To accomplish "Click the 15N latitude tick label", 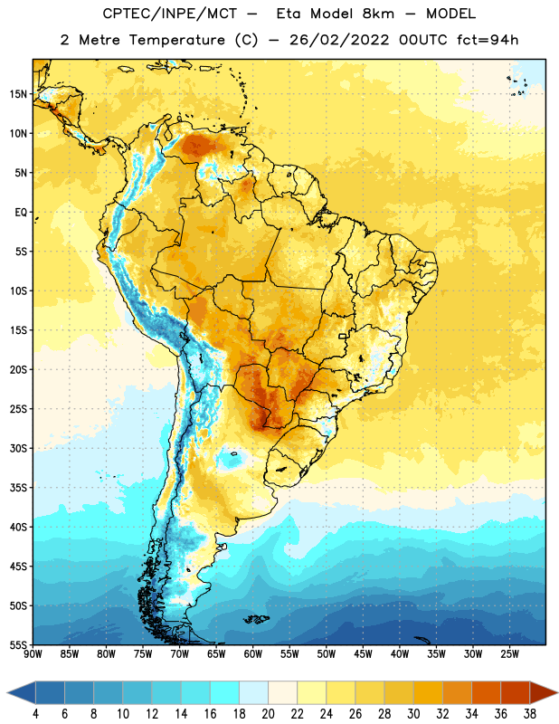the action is pos(18,94).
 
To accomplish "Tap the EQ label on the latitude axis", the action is pos(21,213).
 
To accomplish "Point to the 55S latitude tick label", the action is pos(18,644).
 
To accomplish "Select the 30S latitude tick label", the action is pos(18,448).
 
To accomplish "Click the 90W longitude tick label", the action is pos(33,654).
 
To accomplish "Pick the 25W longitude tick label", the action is pos(509,654).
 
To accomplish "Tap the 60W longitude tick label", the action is pos(253,654).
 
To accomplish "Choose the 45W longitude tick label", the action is pos(363,654).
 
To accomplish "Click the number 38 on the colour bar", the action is pos(529,714).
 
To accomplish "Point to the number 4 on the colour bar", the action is pos(35,714).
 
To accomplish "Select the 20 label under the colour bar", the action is pos(268,714).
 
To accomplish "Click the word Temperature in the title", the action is pos(176,40).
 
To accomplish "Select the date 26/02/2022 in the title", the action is pos(339,40).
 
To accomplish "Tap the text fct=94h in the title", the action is pos(488,40).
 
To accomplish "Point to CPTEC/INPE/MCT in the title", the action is pos(169,14).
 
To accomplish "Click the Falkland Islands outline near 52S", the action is pos(256,619).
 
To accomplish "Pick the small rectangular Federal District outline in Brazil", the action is pos(343,336).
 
